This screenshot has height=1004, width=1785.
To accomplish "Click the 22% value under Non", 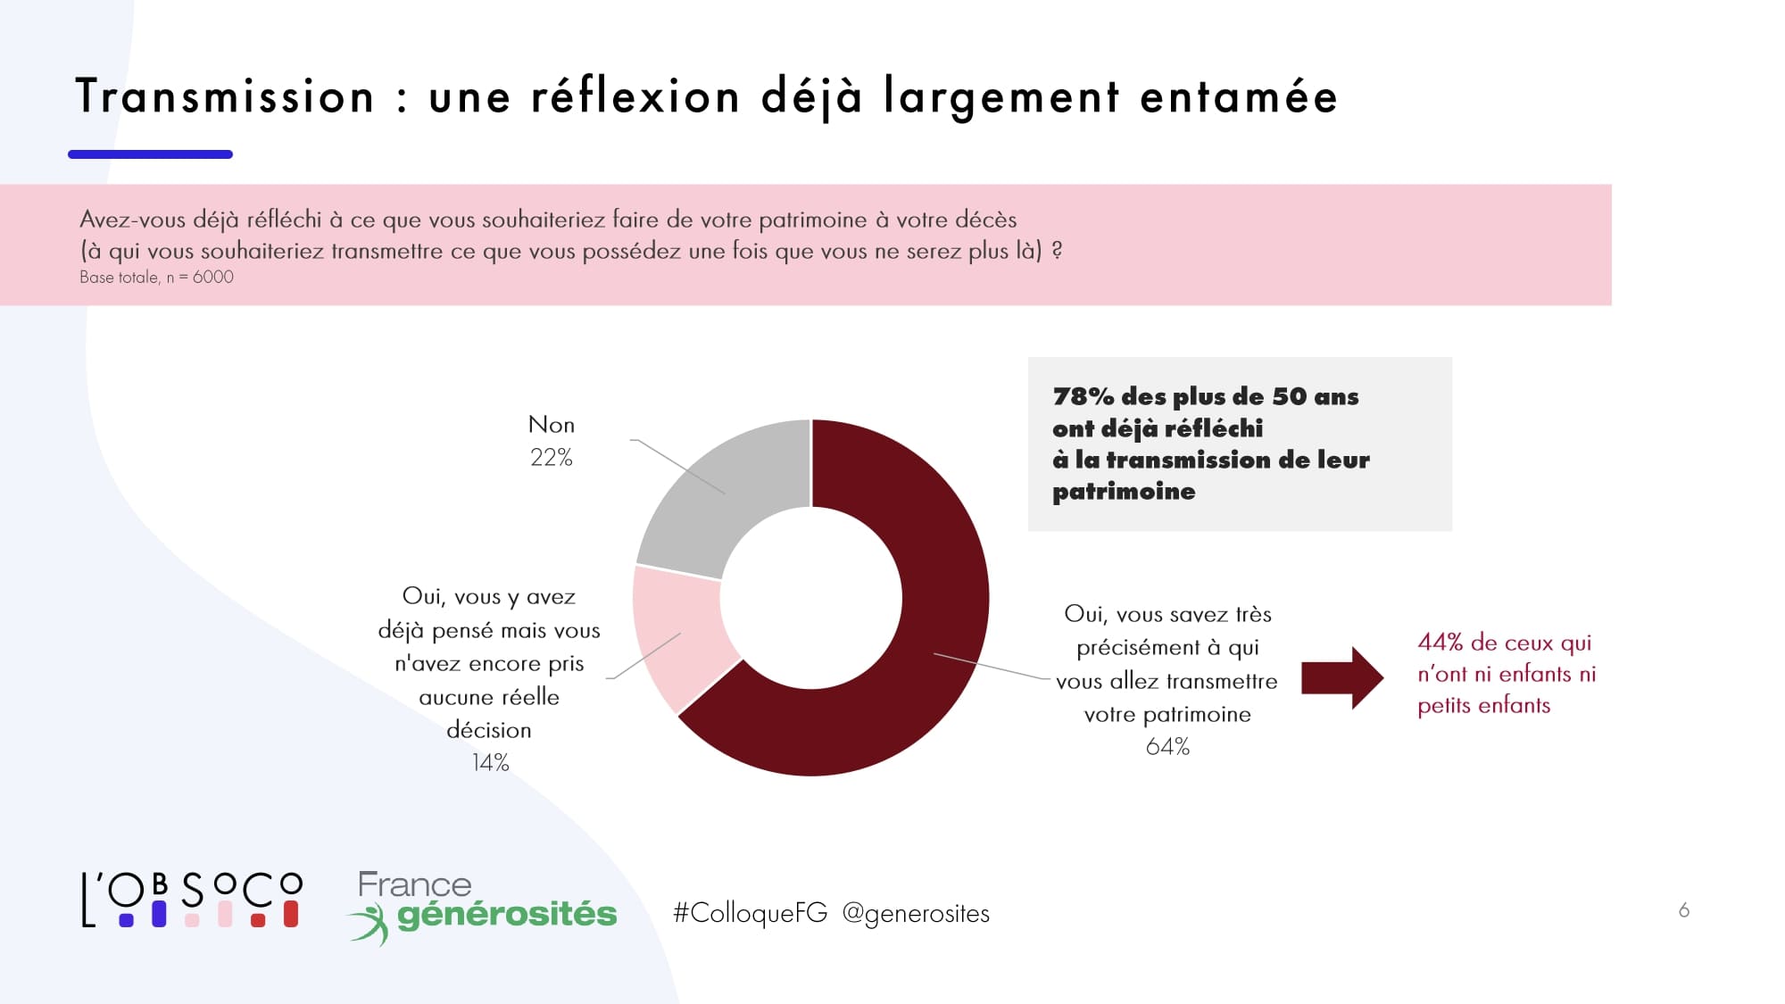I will click(x=551, y=458).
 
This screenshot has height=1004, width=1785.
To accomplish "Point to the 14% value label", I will click(x=490, y=763).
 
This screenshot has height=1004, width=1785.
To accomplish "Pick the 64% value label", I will click(x=1167, y=747).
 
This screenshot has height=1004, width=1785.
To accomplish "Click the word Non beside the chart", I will click(x=551, y=425).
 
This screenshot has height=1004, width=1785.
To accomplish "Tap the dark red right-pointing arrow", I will click(x=1341, y=678).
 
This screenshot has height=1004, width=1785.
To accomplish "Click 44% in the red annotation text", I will click(x=1440, y=643).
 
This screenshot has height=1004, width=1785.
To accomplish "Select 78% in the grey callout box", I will click(x=1083, y=396).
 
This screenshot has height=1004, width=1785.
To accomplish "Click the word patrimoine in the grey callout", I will click(x=1124, y=492).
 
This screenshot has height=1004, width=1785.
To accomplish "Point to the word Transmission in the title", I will click(x=225, y=96).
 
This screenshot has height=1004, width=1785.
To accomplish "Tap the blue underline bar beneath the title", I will click(x=150, y=154).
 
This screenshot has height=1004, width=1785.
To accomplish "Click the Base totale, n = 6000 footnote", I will click(x=156, y=278).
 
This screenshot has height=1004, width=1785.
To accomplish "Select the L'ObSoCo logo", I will click(x=192, y=900).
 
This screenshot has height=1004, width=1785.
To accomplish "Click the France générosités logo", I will click(x=482, y=906).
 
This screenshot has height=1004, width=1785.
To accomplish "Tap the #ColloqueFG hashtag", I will click(x=750, y=913).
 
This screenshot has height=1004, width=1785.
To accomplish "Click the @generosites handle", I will click(x=916, y=913).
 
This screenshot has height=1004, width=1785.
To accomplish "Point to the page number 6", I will click(x=1683, y=910).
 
